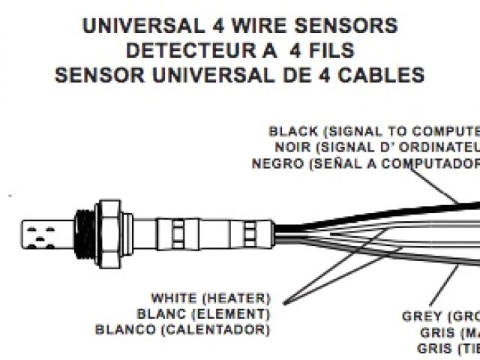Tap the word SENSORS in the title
coord(348,26)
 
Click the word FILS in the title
coord(327,51)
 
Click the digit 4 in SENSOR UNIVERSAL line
coord(311,76)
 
